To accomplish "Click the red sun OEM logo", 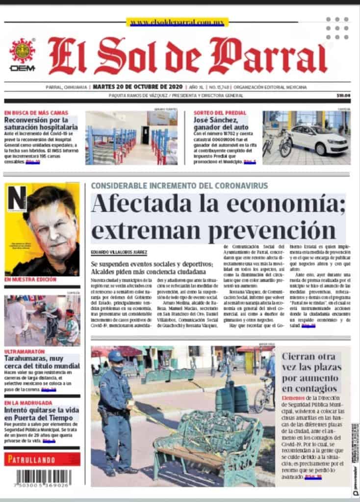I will point(22,51).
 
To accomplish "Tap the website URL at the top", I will point(177,22).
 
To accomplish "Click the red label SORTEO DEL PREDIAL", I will point(220,113).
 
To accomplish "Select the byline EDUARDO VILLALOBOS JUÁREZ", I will point(119,252).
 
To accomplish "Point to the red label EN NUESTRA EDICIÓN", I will point(30,279).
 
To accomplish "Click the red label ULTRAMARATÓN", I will point(25,351).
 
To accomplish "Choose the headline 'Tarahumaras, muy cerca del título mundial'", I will point(42,363).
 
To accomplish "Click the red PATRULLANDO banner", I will point(42,459).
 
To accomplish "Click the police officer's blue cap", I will point(116,355).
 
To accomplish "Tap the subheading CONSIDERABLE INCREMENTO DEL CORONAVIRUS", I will point(179,186).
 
